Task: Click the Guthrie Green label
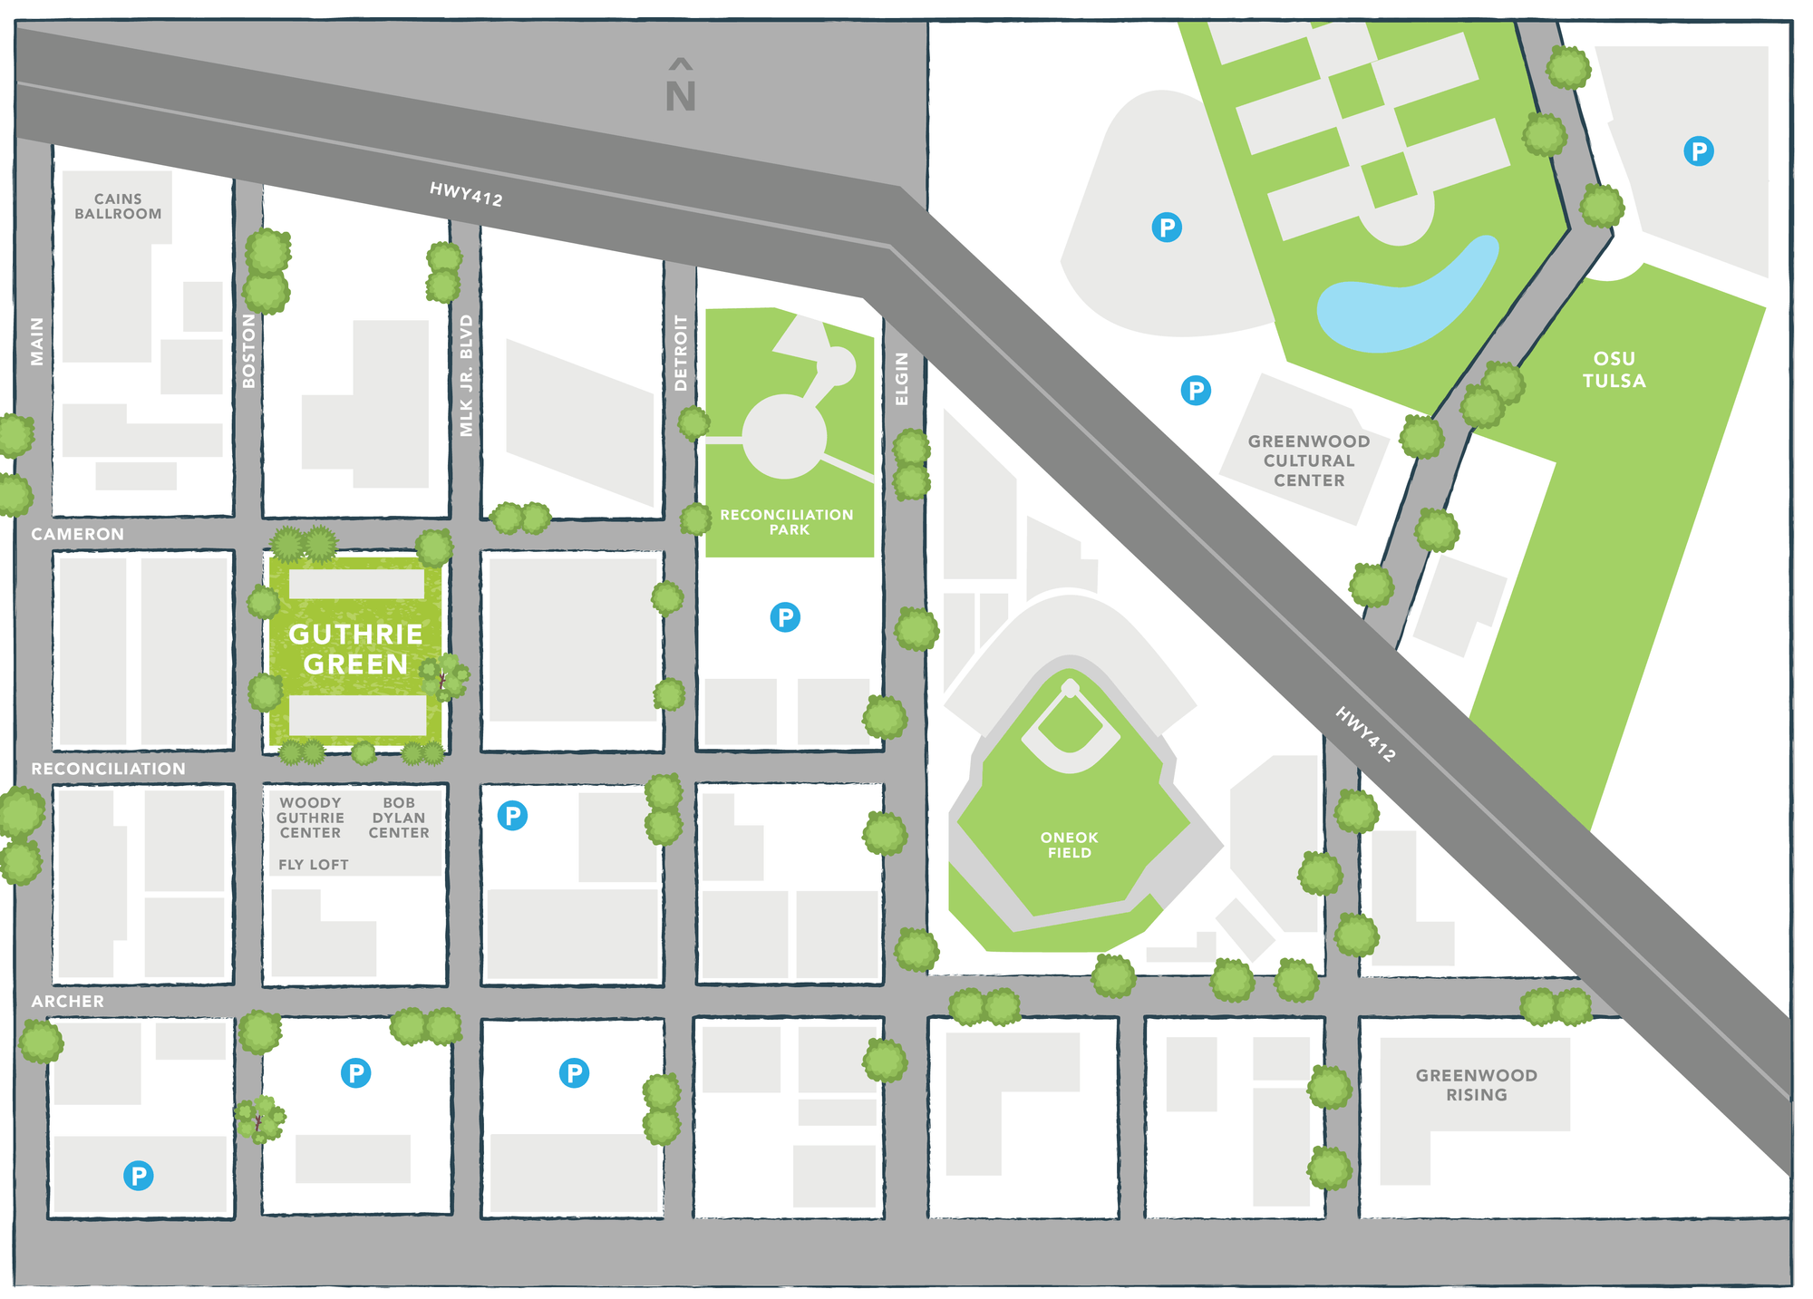point(355,649)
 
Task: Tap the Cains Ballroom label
point(118,206)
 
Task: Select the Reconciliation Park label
point(787,521)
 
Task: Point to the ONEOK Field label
point(1069,845)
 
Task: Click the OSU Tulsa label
point(1614,370)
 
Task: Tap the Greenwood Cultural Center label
point(1308,460)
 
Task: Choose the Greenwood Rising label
point(1476,1084)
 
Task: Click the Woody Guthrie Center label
point(310,817)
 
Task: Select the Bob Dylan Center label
point(398,817)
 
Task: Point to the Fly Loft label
point(313,865)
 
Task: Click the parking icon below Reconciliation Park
point(785,617)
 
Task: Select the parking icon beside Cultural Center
point(1196,391)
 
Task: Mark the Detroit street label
point(681,354)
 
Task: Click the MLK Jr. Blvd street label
point(466,375)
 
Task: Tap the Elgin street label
point(901,379)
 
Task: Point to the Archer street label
point(68,1001)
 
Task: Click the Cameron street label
point(77,534)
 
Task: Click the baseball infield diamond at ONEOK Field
point(1070,725)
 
